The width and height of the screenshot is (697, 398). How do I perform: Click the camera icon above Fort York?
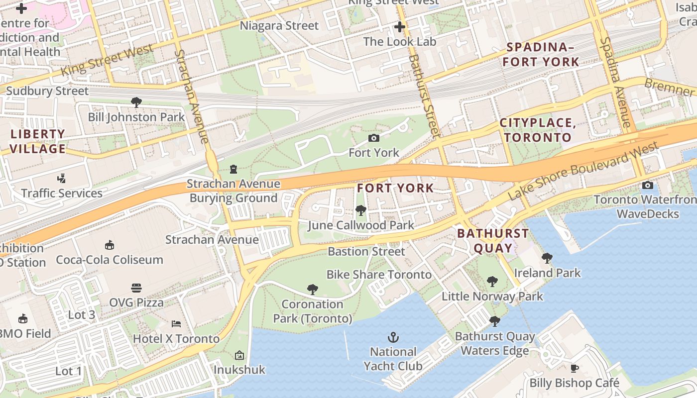point(373,138)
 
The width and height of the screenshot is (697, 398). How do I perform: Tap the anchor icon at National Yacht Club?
point(393,338)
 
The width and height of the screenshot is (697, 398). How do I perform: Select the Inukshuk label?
point(239,370)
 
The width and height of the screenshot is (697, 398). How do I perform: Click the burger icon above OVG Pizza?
point(136,288)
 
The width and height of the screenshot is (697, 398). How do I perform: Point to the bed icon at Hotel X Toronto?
point(176,324)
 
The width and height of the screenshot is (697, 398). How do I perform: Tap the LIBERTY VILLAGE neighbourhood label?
point(38,141)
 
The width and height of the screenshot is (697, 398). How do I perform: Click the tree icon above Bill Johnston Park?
point(136,102)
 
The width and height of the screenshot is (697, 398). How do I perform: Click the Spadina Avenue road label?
point(615,82)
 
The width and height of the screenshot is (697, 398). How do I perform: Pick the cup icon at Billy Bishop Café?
point(575,369)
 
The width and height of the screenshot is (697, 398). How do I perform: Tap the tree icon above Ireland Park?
point(547,258)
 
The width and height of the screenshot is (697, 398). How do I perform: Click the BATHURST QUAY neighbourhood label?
point(486,240)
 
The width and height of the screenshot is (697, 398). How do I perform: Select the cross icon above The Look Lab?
point(400,27)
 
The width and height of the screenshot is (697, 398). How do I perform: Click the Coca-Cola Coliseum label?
point(110,260)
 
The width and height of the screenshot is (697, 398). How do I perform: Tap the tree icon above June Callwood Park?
point(361,210)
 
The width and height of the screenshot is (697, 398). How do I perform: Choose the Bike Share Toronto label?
point(379,275)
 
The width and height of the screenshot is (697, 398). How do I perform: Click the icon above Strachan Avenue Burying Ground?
point(233,170)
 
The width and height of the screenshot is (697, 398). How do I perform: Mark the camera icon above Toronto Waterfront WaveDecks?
point(647,186)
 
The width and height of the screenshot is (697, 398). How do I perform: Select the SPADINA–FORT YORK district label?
point(541,55)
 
